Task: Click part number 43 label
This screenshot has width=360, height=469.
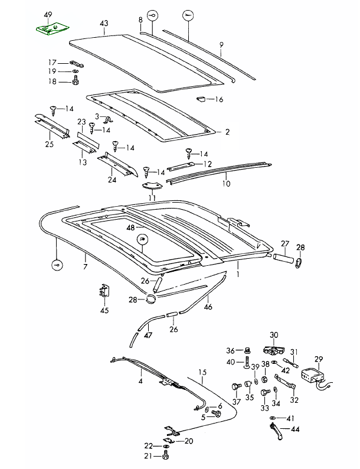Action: [104, 23]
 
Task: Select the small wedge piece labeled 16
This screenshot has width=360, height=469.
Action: [199, 98]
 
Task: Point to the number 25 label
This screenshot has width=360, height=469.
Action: [49, 144]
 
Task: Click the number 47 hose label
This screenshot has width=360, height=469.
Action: [148, 335]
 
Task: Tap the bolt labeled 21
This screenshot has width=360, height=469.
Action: [165, 457]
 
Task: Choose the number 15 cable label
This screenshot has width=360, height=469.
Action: [203, 372]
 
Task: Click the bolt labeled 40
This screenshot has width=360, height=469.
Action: [246, 361]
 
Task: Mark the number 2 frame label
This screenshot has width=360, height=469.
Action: [227, 132]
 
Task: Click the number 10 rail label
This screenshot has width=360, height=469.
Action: [226, 183]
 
